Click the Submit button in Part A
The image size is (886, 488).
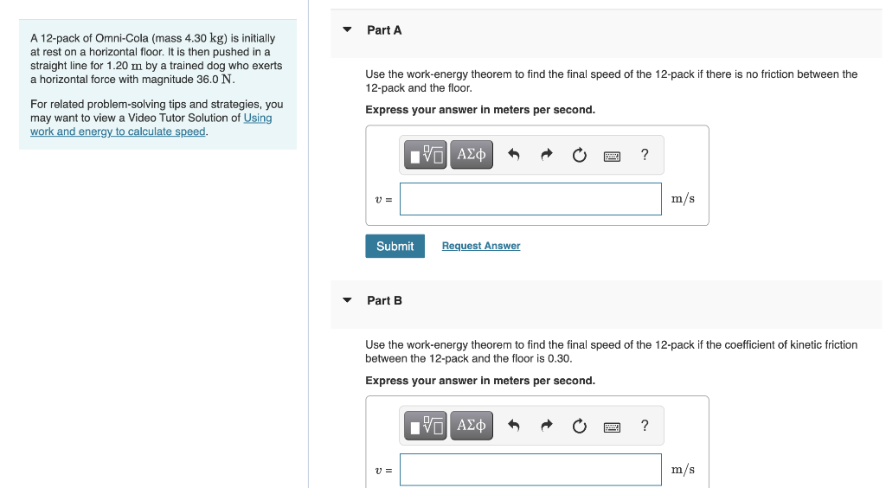[x=395, y=247]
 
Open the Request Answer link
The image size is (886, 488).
[x=481, y=246]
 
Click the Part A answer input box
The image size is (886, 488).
[x=530, y=199]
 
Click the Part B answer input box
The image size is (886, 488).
[x=530, y=469]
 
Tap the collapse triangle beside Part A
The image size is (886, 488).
[x=348, y=29]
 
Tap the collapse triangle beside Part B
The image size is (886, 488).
[x=348, y=300]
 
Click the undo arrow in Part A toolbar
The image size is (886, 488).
[x=514, y=154]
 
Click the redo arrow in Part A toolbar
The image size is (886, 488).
[x=547, y=154]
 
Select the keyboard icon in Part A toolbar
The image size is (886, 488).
[x=612, y=156]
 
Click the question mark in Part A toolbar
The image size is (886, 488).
[x=645, y=154]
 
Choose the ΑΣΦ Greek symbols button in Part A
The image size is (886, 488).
[x=472, y=154]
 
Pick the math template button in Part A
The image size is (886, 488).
[x=426, y=154]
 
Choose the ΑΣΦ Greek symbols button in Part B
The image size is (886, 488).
[x=472, y=426]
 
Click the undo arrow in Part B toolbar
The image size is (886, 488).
[x=514, y=425]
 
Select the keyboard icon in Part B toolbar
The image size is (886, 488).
[x=612, y=427]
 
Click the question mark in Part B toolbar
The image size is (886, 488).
[x=645, y=426]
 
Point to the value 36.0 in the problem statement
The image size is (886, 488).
[x=208, y=80]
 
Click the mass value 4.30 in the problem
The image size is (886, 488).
[x=196, y=38]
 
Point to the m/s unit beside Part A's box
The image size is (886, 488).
[x=684, y=199]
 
